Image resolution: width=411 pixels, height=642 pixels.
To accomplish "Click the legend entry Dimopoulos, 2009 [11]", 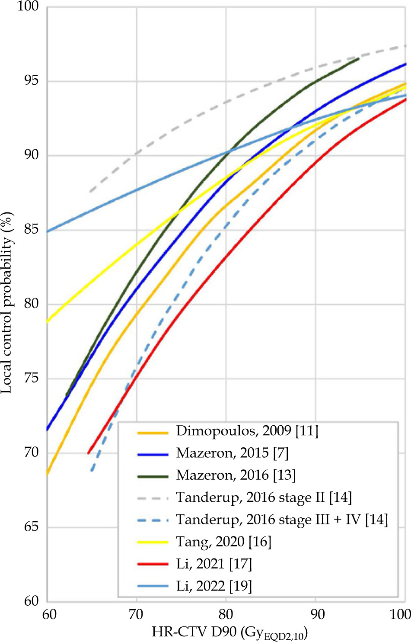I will [x=247, y=431].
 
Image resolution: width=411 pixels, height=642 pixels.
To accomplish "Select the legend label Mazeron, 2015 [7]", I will [x=232, y=453].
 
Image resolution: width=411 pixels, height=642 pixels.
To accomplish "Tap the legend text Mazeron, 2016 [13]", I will [x=236, y=475].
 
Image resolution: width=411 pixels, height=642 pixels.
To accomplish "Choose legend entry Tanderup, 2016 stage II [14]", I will [x=264, y=498].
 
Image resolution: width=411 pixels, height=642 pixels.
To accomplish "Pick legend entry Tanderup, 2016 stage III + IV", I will [x=282, y=520].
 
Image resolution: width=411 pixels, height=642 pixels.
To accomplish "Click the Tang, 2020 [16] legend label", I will [x=223, y=542].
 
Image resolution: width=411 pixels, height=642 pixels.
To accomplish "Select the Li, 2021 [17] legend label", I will [x=213, y=564].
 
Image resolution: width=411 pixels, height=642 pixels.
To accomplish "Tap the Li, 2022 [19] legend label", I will [x=213, y=586].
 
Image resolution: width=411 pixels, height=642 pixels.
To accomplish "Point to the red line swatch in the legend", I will [x=153, y=564].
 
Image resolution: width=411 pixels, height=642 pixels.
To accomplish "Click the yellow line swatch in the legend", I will [x=153, y=542].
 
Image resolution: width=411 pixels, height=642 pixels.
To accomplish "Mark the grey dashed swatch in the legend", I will [x=153, y=498].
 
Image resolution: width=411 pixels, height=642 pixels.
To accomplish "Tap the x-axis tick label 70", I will [x=137, y=614].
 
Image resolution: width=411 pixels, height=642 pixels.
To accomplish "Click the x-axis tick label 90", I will [x=315, y=614].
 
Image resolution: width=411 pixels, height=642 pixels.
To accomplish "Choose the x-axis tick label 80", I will [x=226, y=614].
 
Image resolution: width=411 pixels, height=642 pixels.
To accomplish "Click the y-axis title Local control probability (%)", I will [x=7, y=303].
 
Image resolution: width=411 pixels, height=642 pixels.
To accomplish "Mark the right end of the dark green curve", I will [x=358, y=59].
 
